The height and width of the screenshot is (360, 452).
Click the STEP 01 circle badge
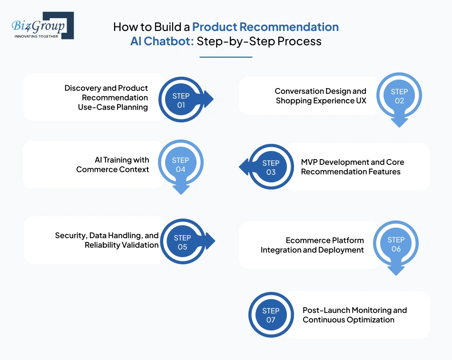pyautogui.click(x=181, y=100)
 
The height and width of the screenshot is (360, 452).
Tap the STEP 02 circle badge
pyautogui.click(x=399, y=96)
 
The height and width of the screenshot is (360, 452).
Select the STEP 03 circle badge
pyautogui.click(x=271, y=168)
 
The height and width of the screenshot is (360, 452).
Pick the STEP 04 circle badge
pyautogui.click(x=181, y=165)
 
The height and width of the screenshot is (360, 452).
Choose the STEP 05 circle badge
pyautogui.click(x=182, y=242)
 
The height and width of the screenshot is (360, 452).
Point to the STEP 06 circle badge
pyautogui.click(x=396, y=244)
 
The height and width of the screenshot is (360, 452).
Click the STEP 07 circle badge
pyautogui.click(x=271, y=315)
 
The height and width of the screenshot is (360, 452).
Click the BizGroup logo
pyautogui.click(x=42, y=25)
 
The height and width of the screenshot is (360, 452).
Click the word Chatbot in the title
pyautogui.click(x=168, y=41)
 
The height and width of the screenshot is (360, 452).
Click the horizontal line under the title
pyautogui.click(x=226, y=57)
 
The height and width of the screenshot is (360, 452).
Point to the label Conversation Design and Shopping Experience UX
pyautogui.click(x=321, y=96)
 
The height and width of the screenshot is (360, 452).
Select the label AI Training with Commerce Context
pyautogui.click(x=113, y=165)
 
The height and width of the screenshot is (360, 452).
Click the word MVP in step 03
pyautogui.click(x=310, y=162)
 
